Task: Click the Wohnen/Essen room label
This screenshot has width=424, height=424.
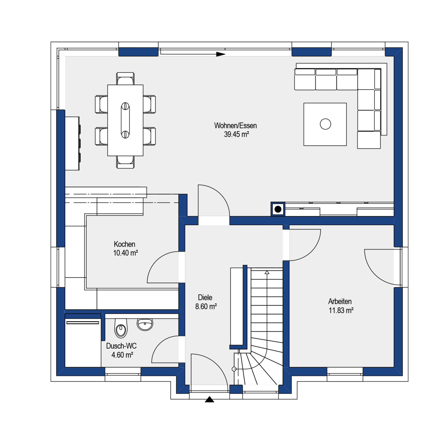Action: (235, 125)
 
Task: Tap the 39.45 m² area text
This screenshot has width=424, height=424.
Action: (236, 134)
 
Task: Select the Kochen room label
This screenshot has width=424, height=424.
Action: (124, 244)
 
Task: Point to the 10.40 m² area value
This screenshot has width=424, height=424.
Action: (125, 253)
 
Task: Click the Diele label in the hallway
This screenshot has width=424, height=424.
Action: (205, 298)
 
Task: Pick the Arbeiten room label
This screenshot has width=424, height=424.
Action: (340, 301)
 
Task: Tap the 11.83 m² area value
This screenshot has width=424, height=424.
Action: (341, 310)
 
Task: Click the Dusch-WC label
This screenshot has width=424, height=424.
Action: (121, 346)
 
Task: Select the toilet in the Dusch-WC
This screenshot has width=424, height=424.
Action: (121, 328)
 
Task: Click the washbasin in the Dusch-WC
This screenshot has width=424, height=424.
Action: (145, 324)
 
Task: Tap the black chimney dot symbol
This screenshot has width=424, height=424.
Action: (278, 209)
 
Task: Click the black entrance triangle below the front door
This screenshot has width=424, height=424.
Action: (209, 399)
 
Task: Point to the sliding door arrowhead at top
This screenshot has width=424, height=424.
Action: (221, 54)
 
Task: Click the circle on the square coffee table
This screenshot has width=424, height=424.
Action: (325, 124)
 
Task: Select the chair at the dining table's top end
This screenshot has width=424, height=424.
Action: (125, 79)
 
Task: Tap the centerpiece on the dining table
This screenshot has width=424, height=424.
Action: (125, 120)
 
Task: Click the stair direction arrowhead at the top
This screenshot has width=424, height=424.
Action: (267, 272)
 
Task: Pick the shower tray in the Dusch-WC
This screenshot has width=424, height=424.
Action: (83, 343)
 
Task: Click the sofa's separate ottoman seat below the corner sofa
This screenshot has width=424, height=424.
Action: (369, 140)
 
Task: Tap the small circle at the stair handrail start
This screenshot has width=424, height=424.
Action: (234, 369)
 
